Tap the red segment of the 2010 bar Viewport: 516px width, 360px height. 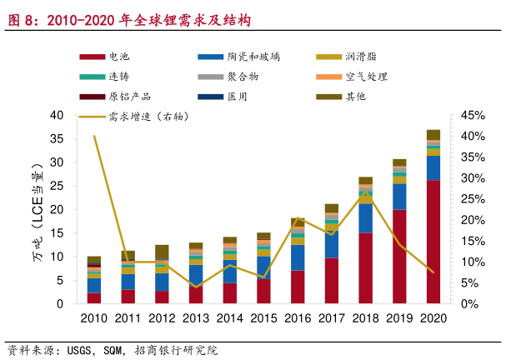point(94,298)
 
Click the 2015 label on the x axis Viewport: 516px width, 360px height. point(263,317)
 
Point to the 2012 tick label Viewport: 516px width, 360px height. point(162,317)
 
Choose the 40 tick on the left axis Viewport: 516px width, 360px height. point(57,115)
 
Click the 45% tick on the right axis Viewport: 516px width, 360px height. point(470,115)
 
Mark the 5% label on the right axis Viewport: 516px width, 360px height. point(468,283)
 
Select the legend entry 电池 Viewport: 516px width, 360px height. point(119,56)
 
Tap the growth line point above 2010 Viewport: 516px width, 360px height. point(94,136)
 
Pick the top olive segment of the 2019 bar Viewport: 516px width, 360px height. point(399,162)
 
